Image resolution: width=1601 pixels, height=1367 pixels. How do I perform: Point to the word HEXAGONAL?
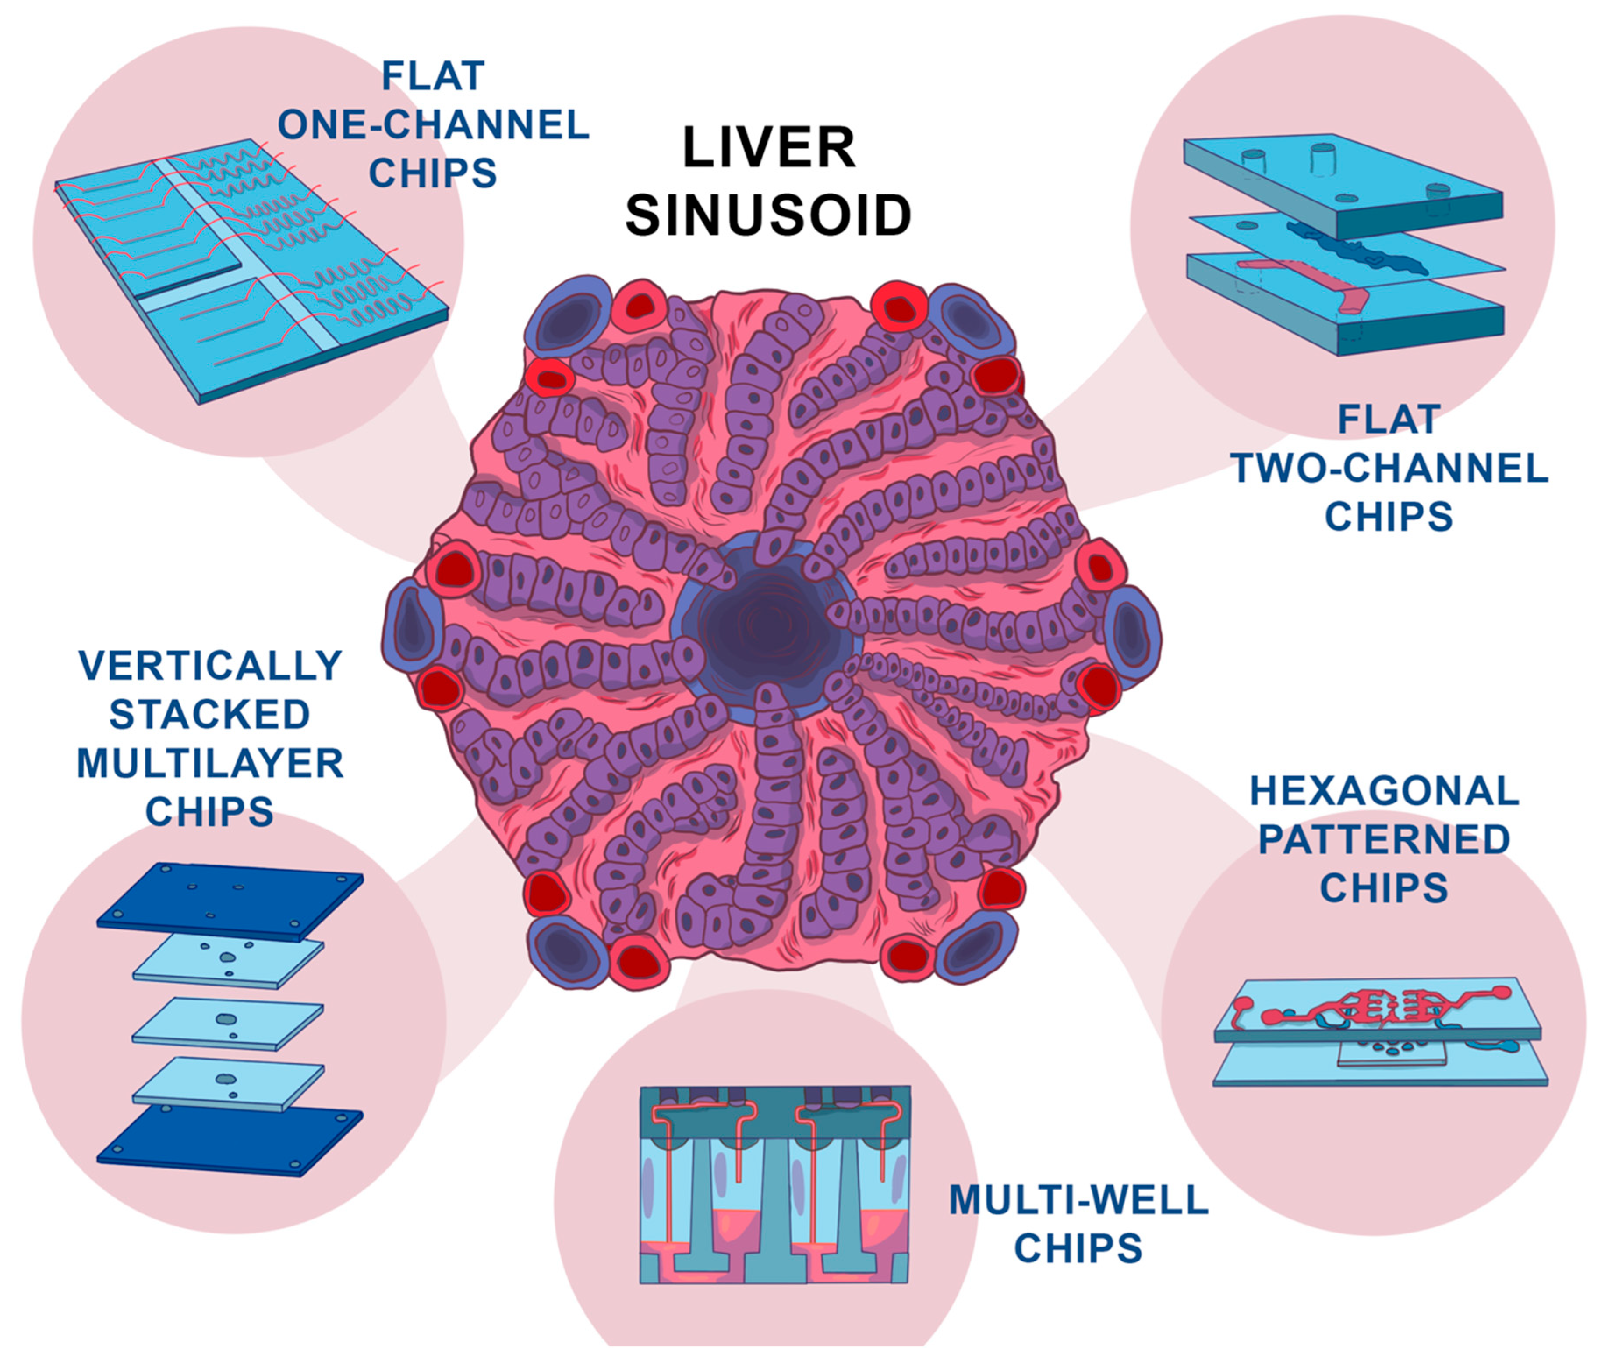[x=1384, y=791]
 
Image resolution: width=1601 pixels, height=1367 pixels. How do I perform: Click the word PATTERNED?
[x=1384, y=839]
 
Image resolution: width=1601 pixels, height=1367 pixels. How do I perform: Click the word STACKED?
[x=210, y=714]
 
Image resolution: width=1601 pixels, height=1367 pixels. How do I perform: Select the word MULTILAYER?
[x=210, y=763]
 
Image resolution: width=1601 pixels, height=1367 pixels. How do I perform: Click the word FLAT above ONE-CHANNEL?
[x=434, y=76]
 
